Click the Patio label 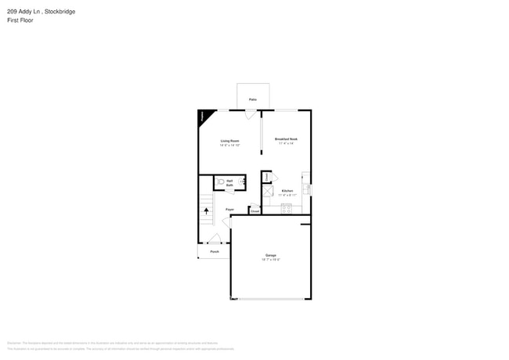click(252, 99)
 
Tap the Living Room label click(229, 141)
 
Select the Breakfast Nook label click(286, 139)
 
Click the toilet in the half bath click(222, 182)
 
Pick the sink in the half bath click(241, 182)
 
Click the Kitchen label click(287, 191)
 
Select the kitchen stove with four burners click(286, 208)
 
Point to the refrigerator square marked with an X click(267, 191)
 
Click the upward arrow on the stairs click(207, 210)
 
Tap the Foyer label click(229, 210)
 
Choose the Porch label click(215, 252)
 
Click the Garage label click(270, 255)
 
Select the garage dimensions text click(270, 260)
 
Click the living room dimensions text click(229, 146)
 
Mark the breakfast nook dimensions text click(286, 143)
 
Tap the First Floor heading click(20, 20)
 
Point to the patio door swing click(249, 114)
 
